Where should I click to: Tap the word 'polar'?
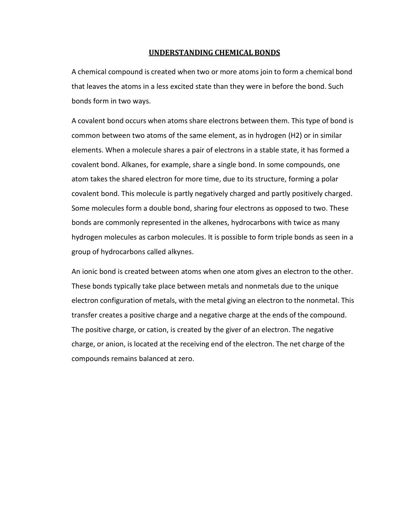[x=329, y=179]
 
